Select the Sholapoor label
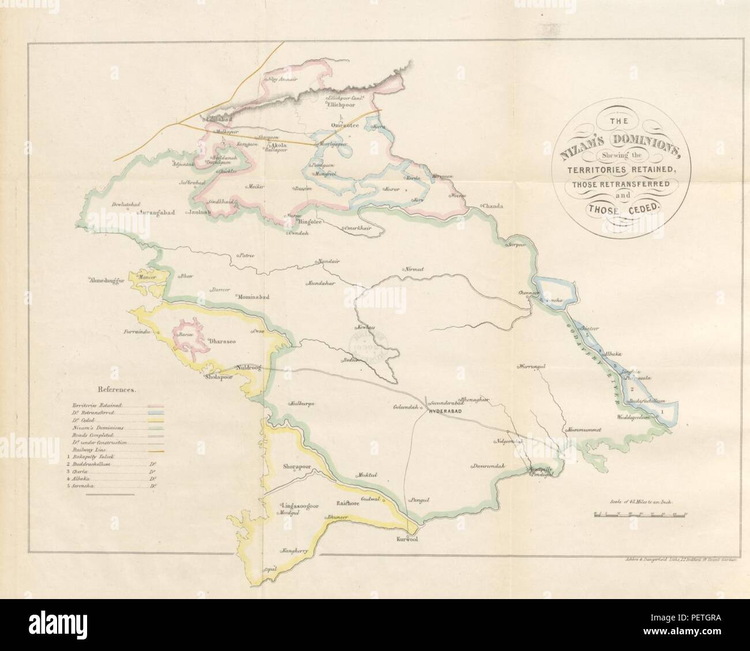[219, 379]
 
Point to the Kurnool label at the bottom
[407, 540]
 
